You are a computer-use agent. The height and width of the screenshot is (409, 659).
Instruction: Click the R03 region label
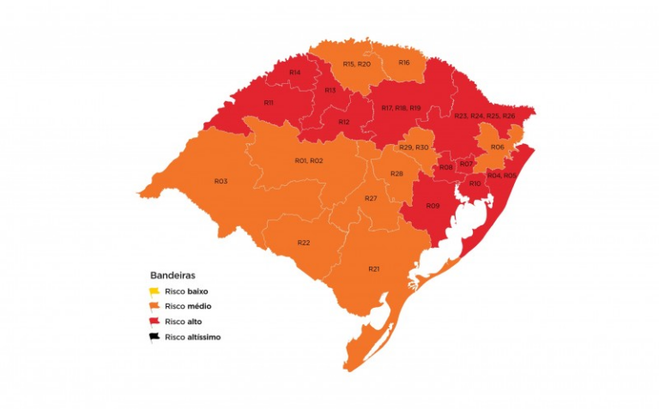click(x=221, y=181)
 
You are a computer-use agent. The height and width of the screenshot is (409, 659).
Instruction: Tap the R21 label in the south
click(x=374, y=268)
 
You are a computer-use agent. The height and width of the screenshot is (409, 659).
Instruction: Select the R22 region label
click(x=304, y=243)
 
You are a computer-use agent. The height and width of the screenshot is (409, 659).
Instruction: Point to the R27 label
click(x=371, y=198)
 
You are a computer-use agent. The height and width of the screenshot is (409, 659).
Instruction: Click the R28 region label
click(x=396, y=174)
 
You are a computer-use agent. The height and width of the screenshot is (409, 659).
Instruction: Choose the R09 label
click(x=432, y=206)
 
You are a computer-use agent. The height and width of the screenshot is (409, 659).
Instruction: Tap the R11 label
click(x=269, y=103)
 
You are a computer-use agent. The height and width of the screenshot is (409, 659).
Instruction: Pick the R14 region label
click(x=294, y=73)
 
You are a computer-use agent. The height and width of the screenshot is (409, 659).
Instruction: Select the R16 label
click(x=404, y=63)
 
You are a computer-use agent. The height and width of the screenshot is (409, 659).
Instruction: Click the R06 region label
click(x=498, y=147)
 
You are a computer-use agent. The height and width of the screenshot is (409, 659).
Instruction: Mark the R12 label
click(x=343, y=122)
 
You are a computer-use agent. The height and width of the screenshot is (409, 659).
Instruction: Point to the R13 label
click(x=329, y=90)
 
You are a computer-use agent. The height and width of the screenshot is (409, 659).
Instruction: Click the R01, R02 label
click(x=309, y=160)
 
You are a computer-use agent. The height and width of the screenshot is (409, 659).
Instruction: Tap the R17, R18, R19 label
click(x=401, y=108)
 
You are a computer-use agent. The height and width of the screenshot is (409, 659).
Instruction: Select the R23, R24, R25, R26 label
click(x=485, y=116)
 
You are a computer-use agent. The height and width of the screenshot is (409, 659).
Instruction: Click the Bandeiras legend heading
click(x=172, y=276)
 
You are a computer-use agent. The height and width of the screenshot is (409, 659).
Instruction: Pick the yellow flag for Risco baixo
click(x=155, y=292)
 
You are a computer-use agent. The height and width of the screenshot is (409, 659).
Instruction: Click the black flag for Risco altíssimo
click(x=155, y=337)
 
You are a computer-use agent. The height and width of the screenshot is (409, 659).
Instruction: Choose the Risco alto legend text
click(x=184, y=322)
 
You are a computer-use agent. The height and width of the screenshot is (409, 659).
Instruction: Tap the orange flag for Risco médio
click(x=155, y=306)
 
